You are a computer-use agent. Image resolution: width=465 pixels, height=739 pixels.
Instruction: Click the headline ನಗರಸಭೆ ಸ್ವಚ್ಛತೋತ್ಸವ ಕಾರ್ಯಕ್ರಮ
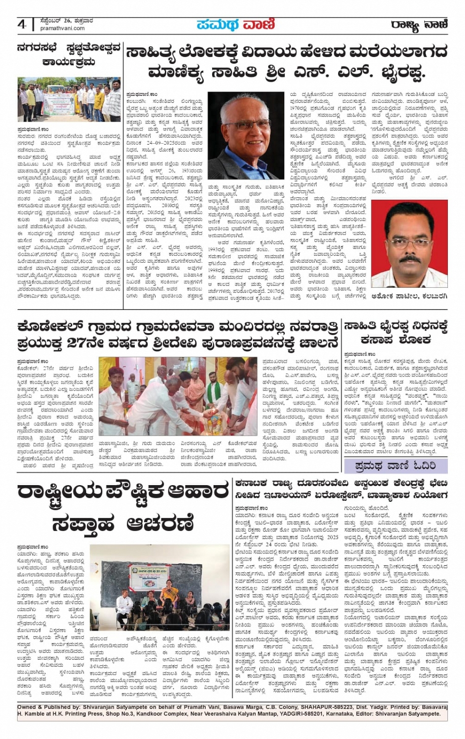pyautogui.click(x=68, y=55)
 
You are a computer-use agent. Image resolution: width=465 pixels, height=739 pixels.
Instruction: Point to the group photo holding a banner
pyautogui.click(x=69, y=99)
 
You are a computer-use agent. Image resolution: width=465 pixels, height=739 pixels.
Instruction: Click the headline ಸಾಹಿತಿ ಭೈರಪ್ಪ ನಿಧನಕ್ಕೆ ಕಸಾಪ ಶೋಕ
pyautogui.click(x=396, y=333)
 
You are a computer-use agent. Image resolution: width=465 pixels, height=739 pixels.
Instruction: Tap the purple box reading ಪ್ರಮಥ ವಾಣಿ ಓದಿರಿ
pyautogui.click(x=396, y=465)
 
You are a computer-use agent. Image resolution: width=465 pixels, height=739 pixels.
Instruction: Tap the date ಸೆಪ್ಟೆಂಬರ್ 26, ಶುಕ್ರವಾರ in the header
pyautogui.click(x=66, y=22)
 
